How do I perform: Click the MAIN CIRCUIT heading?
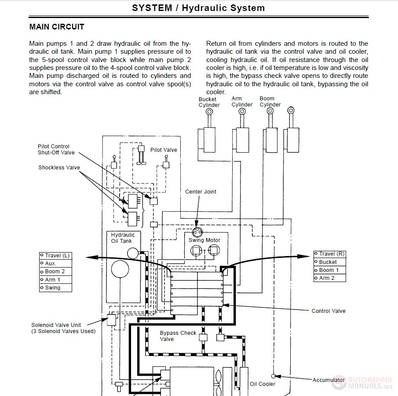pyautogui.click(x=56, y=27)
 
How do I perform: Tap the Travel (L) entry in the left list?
pyautogui.click(x=55, y=256)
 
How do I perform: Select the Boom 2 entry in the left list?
pyautogui.click(x=55, y=271)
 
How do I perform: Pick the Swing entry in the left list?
pyautogui.click(x=53, y=288)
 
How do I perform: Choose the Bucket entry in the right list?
pyautogui.click(x=328, y=262)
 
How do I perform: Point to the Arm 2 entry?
pyautogui.click(x=327, y=278)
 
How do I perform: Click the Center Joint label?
pyautogui.click(x=201, y=192)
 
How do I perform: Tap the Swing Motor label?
pyautogui.click(x=204, y=240)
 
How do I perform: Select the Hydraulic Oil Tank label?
pyautogui.click(x=122, y=238)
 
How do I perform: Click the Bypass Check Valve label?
pyautogui.click(x=178, y=336)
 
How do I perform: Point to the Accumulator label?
pyautogui.click(x=329, y=380)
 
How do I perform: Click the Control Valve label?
pyautogui.click(x=329, y=311)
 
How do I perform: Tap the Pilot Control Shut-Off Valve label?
pyautogui.click(x=56, y=150)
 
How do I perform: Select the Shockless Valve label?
pyautogui.click(x=59, y=168)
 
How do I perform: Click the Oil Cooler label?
pyautogui.click(x=263, y=384)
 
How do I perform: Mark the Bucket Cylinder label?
pyautogui.click(x=209, y=102)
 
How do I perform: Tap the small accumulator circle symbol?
pyautogui.click(x=274, y=376)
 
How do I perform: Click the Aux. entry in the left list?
pyautogui.click(x=51, y=264)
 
